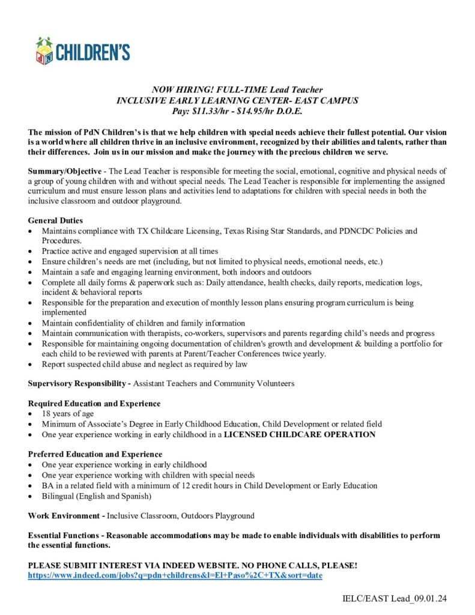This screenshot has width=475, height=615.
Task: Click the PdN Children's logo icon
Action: coord(44,51)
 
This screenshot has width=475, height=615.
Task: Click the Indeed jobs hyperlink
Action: coord(175,575)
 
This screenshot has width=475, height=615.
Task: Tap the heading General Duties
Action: coord(55,220)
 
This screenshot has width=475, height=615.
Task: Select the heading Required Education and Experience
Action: coord(94,403)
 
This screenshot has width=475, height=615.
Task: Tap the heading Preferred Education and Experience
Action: coord(95,454)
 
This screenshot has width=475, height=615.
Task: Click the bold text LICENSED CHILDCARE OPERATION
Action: coord(300,434)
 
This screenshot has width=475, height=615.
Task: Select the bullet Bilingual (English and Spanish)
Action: coord(96,495)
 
